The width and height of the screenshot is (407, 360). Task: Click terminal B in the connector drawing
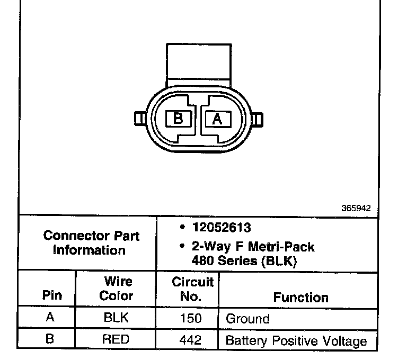tap(178, 118)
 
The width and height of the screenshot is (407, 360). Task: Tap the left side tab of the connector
tap(140, 118)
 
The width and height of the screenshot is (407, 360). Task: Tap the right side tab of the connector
tap(256, 119)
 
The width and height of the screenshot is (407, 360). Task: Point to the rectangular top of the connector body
tap(198, 62)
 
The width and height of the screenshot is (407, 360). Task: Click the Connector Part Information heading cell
tap(88, 242)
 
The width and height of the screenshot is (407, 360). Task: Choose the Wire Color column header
tap(116, 289)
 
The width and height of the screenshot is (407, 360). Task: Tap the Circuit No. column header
tap(192, 289)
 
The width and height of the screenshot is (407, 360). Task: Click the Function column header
tap(300, 298)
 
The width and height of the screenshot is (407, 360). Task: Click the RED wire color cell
tap(116, 339)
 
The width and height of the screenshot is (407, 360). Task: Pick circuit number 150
tap(191, 319)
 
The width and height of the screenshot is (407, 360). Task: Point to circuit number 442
tap(191, 339)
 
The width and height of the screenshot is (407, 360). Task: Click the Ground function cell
tap(247, 319)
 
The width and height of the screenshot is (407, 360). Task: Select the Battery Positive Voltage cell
tap(296, 340)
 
